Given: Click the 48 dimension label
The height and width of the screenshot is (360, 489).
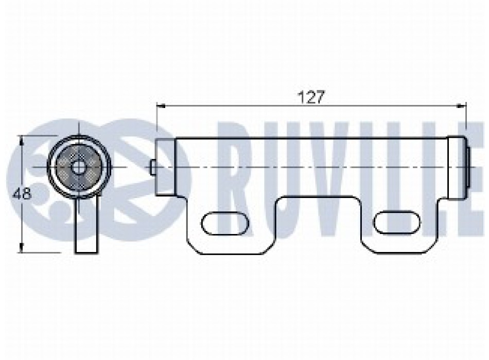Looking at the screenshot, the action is pyautogui.click(x=22, y=194).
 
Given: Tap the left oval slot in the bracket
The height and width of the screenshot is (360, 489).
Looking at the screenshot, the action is pyautogui.click(x=225, y=224).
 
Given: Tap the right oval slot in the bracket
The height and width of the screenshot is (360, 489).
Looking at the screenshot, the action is pyautogui.click(x=397, y=222).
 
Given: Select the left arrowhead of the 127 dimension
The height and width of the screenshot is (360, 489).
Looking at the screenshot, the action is pyautogui.click(x=161, y=105).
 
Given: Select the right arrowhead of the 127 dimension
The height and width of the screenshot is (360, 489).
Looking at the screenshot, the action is pyautogui.click(x=462, y=105).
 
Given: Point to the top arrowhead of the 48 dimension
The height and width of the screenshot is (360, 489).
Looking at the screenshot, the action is pyautogui.click(x=21, y=140).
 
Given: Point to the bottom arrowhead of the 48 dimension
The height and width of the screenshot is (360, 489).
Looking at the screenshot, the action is pyautogui.click(x=21, y=248).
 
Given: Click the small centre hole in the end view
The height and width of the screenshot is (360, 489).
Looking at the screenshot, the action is pyautogui.click(x=77, y=167).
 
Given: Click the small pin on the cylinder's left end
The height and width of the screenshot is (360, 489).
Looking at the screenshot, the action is pyautogui.click(x=153, y=167).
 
